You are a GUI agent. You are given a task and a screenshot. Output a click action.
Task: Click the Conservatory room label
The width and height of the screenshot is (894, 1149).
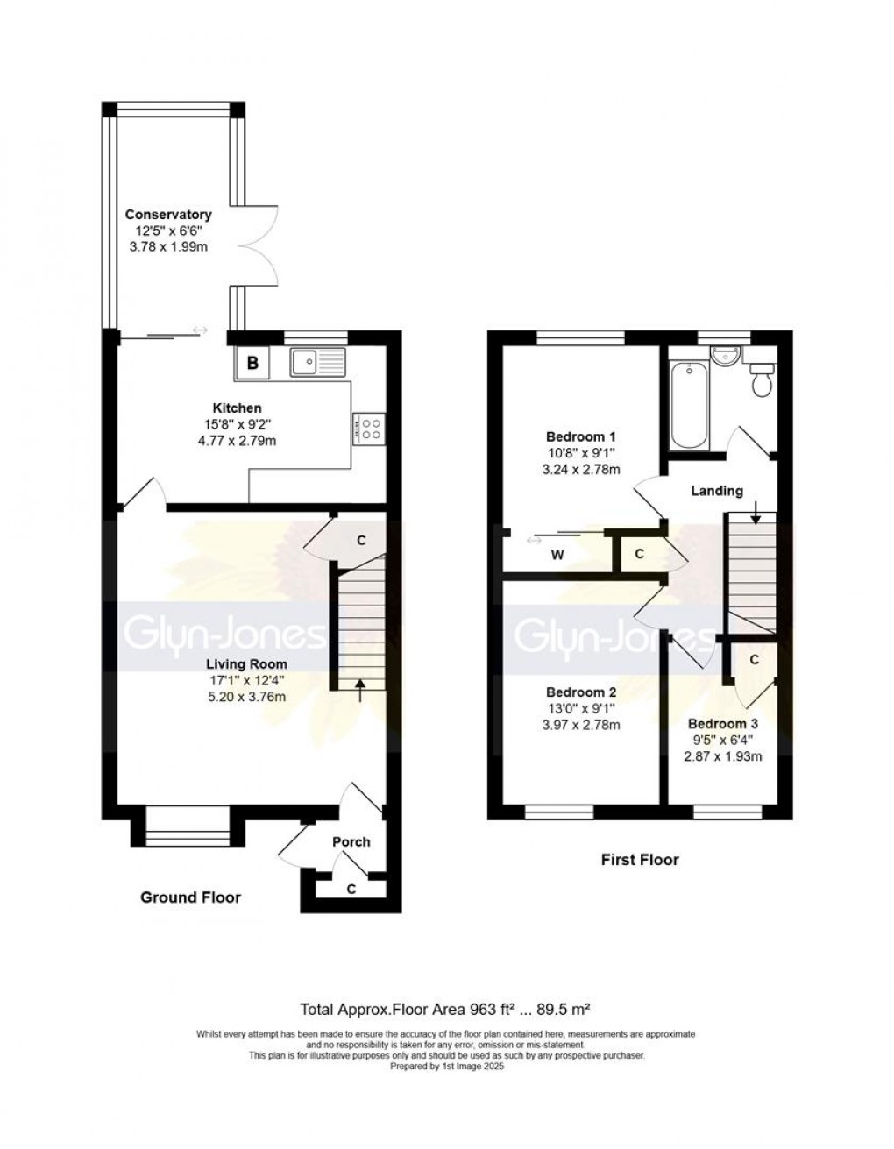(168, 215)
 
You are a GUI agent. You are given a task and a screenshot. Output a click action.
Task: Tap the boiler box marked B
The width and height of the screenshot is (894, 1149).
(252, 363)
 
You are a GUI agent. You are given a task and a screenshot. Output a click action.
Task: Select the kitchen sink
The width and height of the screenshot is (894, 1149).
(319, 360)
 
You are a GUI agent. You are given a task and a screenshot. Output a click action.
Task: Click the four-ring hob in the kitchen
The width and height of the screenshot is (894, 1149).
(370, 427)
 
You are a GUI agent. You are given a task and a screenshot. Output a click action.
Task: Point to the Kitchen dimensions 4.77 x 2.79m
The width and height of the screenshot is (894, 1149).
(237, 440)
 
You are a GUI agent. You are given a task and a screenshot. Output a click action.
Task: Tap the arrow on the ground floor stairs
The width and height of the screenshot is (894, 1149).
(361, 689)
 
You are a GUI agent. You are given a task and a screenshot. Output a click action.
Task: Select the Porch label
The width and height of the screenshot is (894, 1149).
(351, 841)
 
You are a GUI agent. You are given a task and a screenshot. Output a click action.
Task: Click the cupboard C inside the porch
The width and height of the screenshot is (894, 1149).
(351, 889)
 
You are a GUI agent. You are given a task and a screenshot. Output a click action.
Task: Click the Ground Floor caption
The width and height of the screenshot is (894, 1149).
(191, 897)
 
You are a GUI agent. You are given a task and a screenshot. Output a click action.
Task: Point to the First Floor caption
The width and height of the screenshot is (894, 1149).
(639, 860)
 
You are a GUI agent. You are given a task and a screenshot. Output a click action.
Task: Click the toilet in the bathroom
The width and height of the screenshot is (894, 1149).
(761, 379)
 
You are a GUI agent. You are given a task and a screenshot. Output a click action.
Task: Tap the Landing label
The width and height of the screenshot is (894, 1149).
(717, 491)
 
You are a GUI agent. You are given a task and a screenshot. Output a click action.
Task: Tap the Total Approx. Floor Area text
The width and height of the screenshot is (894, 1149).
(450, 1008)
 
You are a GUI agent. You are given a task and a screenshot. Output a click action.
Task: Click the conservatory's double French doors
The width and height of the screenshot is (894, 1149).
(260, 245)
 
